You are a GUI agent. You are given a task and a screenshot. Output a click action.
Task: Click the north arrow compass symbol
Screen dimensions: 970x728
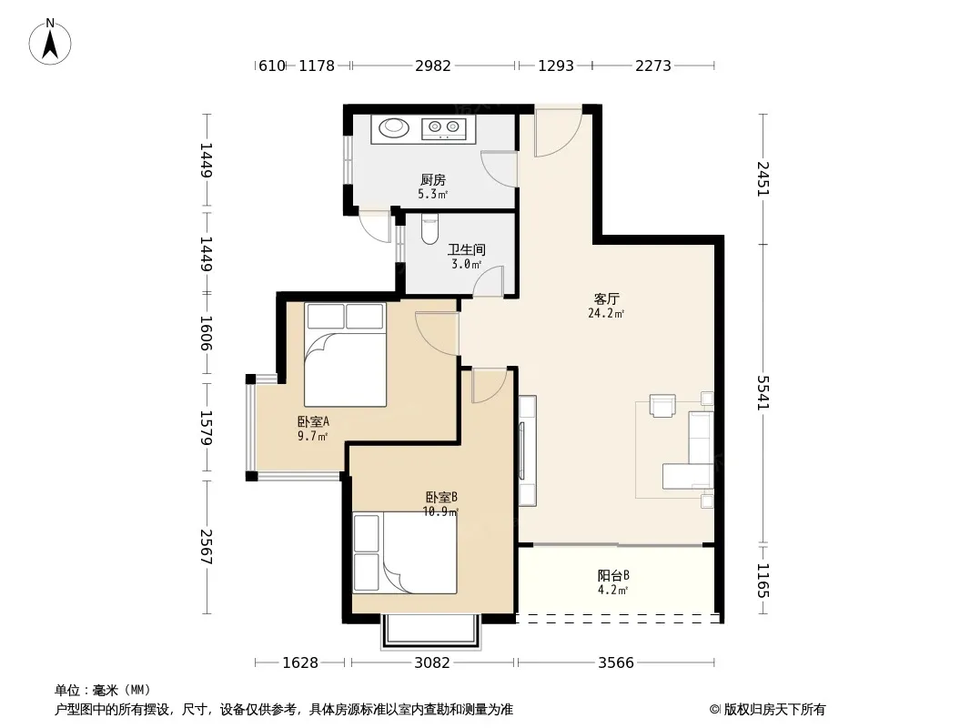pos(50,42)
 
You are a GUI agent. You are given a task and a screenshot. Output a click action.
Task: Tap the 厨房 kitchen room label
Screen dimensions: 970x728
pos(432,180)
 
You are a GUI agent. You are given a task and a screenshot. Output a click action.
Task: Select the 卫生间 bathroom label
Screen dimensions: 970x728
pos(467,250)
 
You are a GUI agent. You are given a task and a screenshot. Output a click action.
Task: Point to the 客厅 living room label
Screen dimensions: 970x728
pos(606,299)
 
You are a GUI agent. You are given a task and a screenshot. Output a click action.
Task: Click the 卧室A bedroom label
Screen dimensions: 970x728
pos(313,422)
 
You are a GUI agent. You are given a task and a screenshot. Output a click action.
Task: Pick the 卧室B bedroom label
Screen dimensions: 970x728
pos(441,497)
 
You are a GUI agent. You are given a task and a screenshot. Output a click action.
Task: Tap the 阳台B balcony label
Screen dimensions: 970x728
pos(613,576)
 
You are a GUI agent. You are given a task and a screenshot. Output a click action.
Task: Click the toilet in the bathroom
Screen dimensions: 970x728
pos(429,227)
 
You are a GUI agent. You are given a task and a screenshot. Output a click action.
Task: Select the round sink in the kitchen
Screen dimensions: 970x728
pos(393,128)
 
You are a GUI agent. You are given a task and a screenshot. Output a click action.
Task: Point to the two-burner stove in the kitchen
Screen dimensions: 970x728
pos(444,128)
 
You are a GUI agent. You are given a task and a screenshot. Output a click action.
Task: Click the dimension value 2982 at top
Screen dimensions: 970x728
pos(433,66)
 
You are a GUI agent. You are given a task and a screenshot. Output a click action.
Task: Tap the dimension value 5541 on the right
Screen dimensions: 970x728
pos(763,393)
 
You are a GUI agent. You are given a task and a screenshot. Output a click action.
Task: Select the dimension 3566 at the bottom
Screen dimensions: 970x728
pos(616,663)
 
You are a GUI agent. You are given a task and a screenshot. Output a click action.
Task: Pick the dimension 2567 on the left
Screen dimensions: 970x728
pos(207,547)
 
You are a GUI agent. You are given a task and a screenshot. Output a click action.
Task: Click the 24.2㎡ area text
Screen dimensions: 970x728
pos(606,314)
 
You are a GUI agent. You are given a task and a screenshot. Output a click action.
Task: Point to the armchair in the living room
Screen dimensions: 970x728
pos(662,406)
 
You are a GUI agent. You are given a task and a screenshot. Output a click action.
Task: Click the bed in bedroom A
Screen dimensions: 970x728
pos(345,355)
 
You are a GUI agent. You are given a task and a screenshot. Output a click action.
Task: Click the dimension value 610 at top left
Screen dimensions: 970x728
pos(271,66)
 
